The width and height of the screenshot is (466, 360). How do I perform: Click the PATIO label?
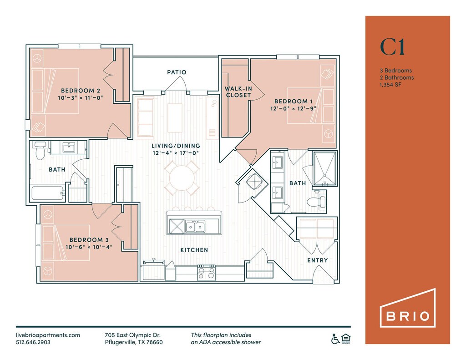pos(177,72)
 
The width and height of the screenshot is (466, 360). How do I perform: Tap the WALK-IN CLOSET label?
pos(238,92)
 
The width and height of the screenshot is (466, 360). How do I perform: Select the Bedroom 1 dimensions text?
pos(293,108)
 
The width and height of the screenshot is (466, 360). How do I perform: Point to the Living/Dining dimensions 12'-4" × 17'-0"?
pos(176,153)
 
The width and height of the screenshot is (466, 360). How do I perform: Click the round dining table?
pos(182,178)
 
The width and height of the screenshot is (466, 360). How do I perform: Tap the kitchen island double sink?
pos(195,227)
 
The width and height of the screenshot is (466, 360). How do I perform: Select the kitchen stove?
pos(207,272)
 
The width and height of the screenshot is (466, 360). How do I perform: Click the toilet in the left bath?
pos(40,150)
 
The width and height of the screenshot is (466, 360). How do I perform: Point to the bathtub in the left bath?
pos(47,193)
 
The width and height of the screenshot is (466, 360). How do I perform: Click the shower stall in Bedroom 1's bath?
pos(325,168)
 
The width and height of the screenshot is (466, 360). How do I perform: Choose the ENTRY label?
pos(317,260)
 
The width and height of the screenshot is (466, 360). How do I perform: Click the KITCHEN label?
pos(194,250)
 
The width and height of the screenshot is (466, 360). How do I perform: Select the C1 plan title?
pos(392,47)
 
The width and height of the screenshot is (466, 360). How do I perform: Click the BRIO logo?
pos(408,308)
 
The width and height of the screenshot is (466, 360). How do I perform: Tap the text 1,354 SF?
pos(390,85)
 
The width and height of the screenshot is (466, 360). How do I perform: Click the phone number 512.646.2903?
pos(33,342)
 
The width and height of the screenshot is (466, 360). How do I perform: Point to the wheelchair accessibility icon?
pos(335,339)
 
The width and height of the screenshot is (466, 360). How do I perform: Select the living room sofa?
pos(145,117)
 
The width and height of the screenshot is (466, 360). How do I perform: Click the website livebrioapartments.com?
pos(48,335)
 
